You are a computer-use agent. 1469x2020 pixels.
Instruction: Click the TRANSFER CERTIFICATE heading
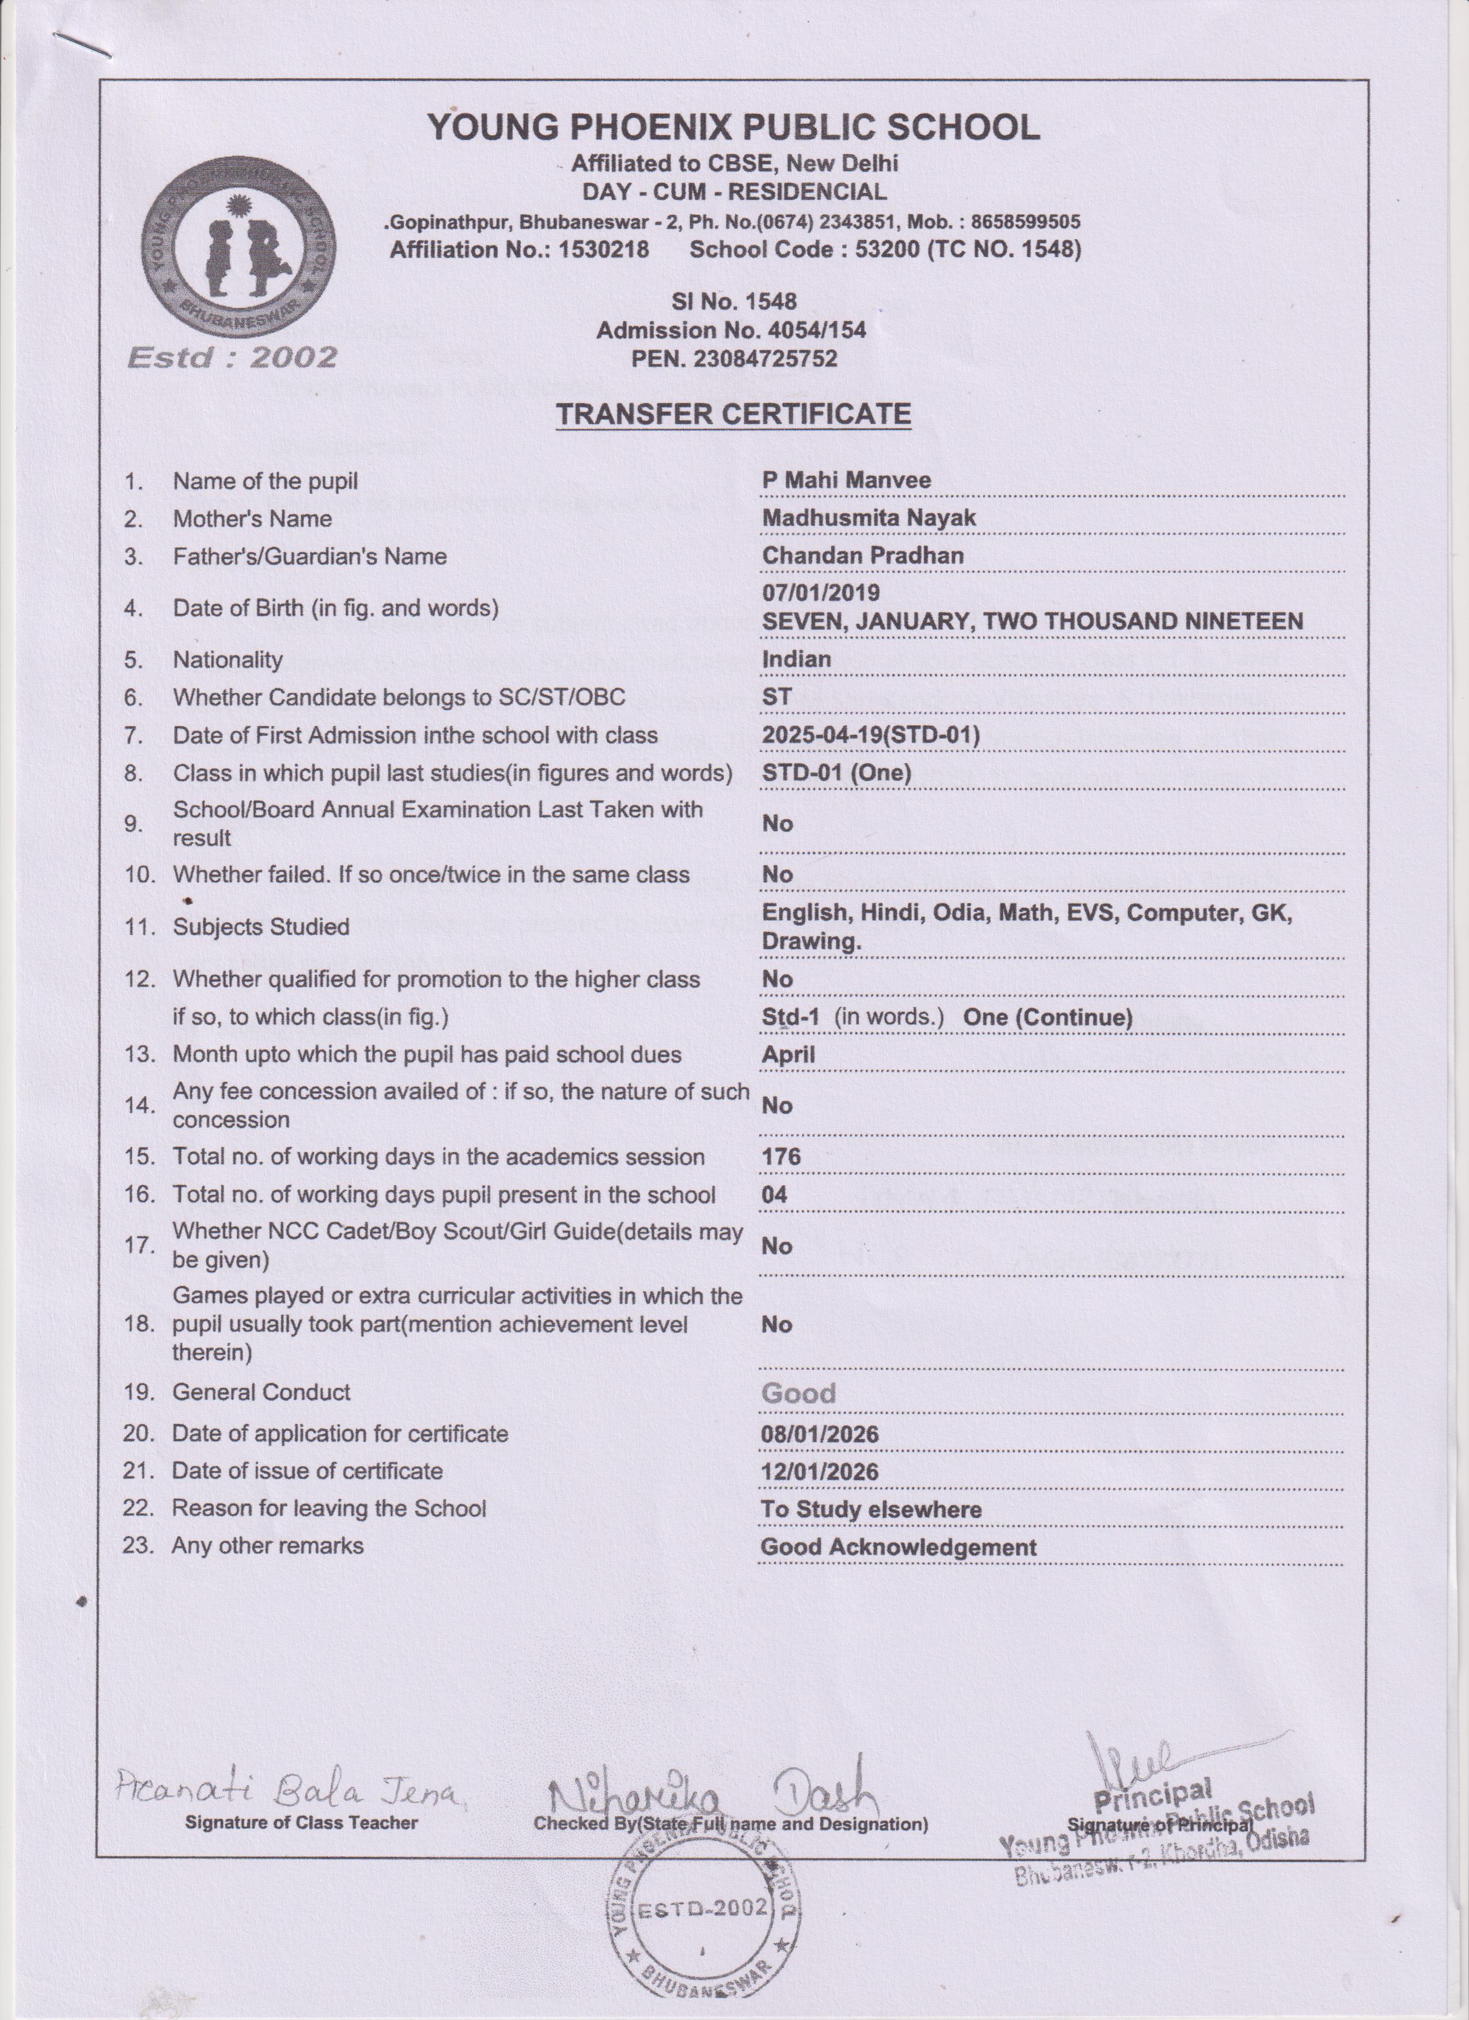pyautogui.click(x=733, y=414)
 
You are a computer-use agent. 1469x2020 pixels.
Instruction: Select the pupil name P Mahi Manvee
pyautogui.click(x=846, y=480)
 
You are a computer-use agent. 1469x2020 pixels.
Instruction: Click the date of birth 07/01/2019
pyautogui.click(x=820, y=592)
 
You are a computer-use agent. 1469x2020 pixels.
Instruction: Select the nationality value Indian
pyautogui.click(x=796, y=659)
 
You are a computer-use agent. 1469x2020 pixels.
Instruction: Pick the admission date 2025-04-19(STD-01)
pyautogui.click(x=870, y=735)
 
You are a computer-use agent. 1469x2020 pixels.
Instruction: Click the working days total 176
pyautogui.click(x=781, y=1157)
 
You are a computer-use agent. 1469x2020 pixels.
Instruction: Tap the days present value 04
pyautogui.click(x=774, y=1195)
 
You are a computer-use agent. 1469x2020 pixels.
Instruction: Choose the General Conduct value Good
pyautogui.click(x=798, y=1393)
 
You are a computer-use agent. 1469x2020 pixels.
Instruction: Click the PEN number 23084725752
pyautogui.click(x=733, y=359)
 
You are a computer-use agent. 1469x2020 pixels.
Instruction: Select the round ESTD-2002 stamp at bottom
pyautogui.click(x=702, y=1909)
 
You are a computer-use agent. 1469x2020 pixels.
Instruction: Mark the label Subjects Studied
pyautogui.click(x=260, y=927)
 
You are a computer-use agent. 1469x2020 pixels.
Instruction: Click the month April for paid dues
pyautogui.click(x=787, y=1055)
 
